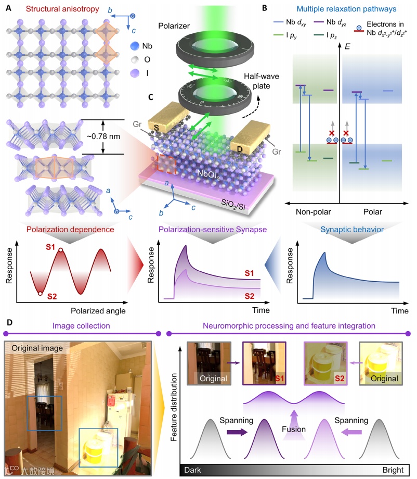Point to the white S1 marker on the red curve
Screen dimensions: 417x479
[61, 251]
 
